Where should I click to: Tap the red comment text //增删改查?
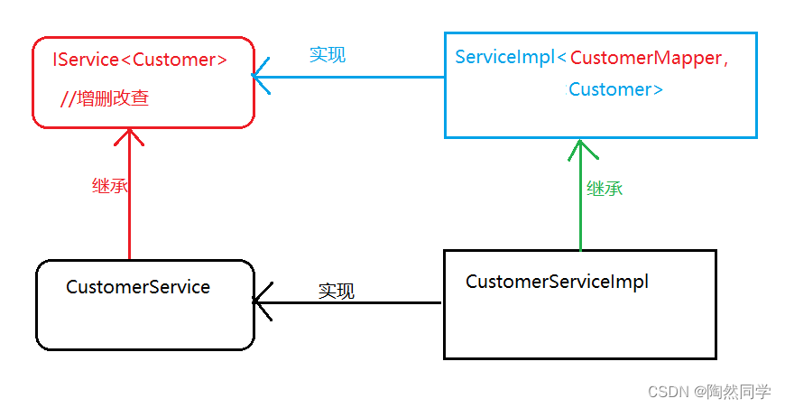105,98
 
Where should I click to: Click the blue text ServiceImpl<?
511,58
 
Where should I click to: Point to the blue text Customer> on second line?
616,89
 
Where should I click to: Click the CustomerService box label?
138,287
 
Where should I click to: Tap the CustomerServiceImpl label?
557,282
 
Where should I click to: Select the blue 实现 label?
327,54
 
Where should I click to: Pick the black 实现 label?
336,291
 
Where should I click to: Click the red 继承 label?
110,186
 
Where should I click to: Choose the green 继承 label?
605,189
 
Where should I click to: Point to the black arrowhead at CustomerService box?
262,302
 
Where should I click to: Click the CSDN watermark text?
669,392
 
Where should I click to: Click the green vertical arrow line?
580,208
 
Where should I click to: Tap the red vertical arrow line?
130,208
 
